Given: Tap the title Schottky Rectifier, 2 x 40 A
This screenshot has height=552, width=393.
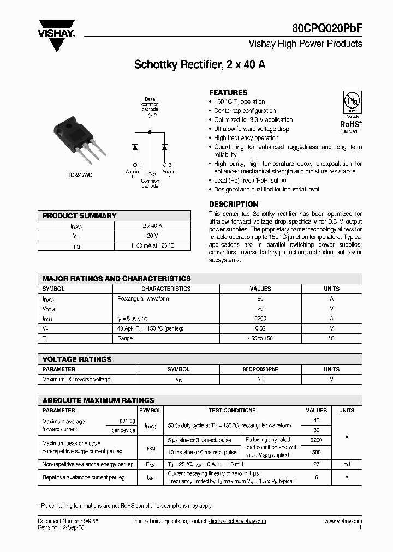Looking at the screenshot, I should pyautogui.click(x=200, y=64).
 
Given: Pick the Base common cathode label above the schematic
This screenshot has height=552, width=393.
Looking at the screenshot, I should pyautogui.click(x=150, y=104).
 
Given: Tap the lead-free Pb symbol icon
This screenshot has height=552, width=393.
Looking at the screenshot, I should pyautogui.click(x=350, y=101).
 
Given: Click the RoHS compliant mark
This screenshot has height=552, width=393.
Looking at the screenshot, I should pyautogui.click(x=350, y=126).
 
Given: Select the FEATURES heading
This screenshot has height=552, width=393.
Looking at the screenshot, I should pyautogui.click(x=228, y=93).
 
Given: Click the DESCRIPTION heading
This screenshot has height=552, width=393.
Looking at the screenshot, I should pyautogui.click(x=234, y=204).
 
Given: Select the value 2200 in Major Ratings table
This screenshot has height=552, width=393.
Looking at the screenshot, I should pyautogui.click(x=260, y=318).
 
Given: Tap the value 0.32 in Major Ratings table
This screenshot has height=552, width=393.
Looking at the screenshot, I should pyautogui.click(x=260, y=328).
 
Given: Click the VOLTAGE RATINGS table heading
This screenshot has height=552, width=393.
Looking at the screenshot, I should pyautogui.click(x=77, y=359).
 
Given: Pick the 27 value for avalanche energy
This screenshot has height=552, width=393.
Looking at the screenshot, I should pyautogui.click(x=316, y=464).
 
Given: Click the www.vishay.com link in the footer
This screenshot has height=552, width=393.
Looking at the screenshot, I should pyautogui.click(x=343, y=521).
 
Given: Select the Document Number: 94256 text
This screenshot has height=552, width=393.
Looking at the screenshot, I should pyautogui.click(x=64, y=521).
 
